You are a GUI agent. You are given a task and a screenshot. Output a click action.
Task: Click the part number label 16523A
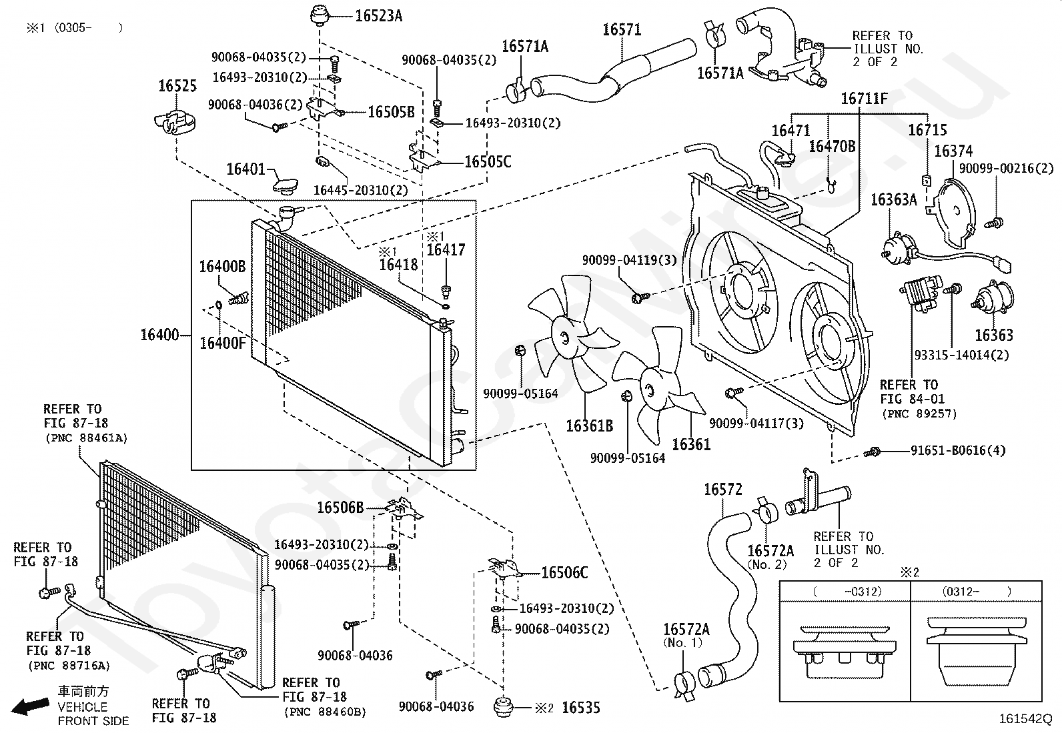click(x=378, y=16)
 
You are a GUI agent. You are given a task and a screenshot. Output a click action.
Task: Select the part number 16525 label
click(x=177, y=86)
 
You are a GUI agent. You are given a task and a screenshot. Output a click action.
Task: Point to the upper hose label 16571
click(x=622, y=30)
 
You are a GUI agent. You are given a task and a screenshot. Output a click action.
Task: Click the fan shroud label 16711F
click(x=864, y=99)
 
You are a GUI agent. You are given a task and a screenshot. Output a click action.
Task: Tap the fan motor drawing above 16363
click(x=993, y=299)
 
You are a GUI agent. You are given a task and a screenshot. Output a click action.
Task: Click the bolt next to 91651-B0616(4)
click(x=872, y=452)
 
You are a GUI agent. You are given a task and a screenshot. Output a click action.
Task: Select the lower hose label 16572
click(x=722, y=489)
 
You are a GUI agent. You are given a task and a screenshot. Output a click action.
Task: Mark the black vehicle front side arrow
click(x=30, y=706)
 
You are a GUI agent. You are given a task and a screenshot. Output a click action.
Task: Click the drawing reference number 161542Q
click(x=1025, y=718)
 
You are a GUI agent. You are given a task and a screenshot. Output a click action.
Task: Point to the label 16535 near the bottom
click(x=581, y=708)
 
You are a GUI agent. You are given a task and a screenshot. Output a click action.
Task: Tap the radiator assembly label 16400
click(x=160, y=335)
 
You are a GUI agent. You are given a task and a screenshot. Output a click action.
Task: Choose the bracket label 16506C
click(x=564, y=573)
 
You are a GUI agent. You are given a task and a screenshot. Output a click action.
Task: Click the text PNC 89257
click(x=920, y=414)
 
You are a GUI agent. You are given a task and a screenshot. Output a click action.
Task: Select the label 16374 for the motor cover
click(x=953, y=151)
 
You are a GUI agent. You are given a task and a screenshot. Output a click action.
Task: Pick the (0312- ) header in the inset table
click(x=976, y=592)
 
